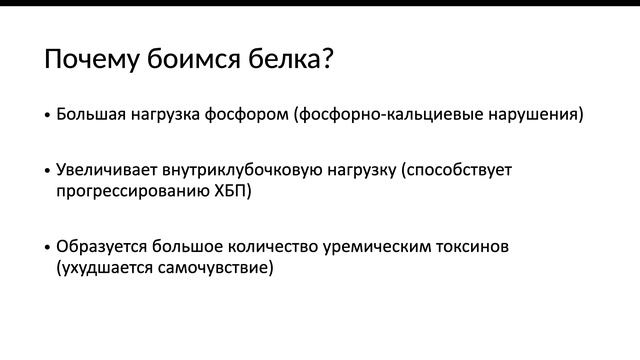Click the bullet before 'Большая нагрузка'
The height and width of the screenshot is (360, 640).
click(47, 116)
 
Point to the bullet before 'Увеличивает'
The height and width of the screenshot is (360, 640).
click(47, 171)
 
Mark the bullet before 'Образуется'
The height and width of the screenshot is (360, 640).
click(47, 246)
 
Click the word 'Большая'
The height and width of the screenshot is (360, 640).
click(91, 114)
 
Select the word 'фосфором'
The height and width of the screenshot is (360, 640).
click(250, 114)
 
